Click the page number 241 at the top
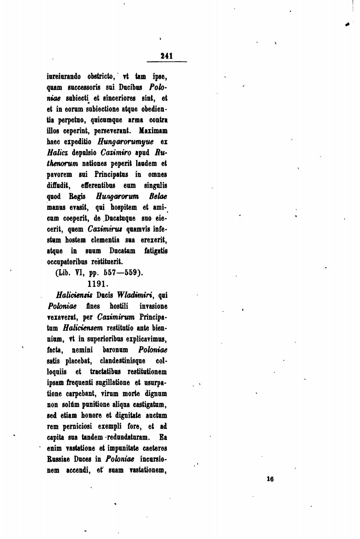point(166,56)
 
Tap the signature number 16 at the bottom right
point(270,479)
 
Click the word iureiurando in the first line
point(63,76)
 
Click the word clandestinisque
point(123,361)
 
